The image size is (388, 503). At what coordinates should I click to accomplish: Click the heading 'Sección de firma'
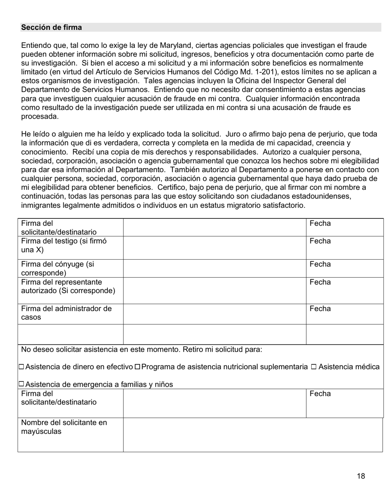[x=51, y=27]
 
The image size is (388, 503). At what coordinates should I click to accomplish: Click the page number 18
[x=361, y=476]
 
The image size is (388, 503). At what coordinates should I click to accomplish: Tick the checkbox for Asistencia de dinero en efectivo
[x=21, y=367]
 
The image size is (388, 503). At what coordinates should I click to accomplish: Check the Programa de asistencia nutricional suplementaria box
[x=138, y=367]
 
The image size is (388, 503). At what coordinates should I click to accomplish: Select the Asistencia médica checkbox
[x=314, y=367]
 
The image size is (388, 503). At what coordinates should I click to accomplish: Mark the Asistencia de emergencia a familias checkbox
[x=21, y=384]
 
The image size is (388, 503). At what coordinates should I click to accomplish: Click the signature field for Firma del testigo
[x=214, y=248]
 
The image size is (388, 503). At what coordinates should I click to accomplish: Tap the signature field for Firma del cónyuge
[x=214, y=268]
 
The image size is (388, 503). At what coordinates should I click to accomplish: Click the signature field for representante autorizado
[x=214, y=290]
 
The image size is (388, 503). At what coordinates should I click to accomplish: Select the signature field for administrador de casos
[x=214, y=314]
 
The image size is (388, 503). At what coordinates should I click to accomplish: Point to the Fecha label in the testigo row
[x=320, y=241]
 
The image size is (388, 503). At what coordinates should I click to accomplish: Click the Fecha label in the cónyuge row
[x=320, y=264]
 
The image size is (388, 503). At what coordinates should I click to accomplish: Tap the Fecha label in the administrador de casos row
[x=320, y=309]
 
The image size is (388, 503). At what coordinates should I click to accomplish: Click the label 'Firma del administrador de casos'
[x=66, y=313]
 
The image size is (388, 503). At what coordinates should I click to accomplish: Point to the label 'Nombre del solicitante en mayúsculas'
[x=64, y=427]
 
